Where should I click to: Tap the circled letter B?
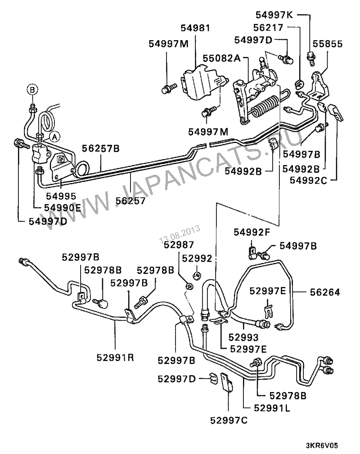click(x=32, y=89)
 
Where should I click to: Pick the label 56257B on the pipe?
click(x=101, y=148)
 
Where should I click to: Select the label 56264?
click(x=324, y=292)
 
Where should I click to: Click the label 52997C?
click(x=229, y=420)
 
